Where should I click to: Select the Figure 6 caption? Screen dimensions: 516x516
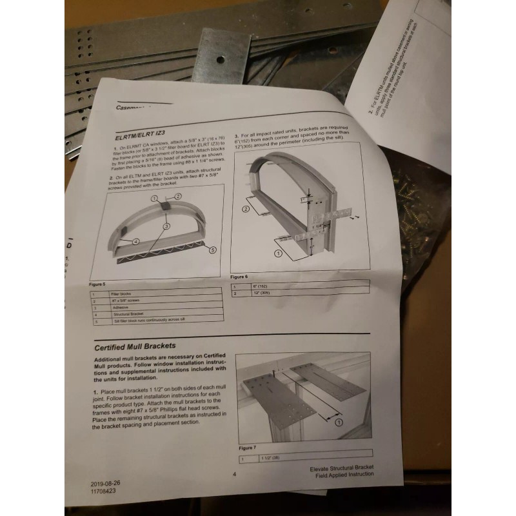pos(239,276)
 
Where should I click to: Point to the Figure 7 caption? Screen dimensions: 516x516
pos(248,447)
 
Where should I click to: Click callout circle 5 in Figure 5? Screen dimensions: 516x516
pos(213,249)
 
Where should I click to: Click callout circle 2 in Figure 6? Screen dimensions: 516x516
pos(246,209)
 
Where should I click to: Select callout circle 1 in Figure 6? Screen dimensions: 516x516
pos(278,255)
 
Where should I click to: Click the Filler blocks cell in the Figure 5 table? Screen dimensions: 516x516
pos(122,293)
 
